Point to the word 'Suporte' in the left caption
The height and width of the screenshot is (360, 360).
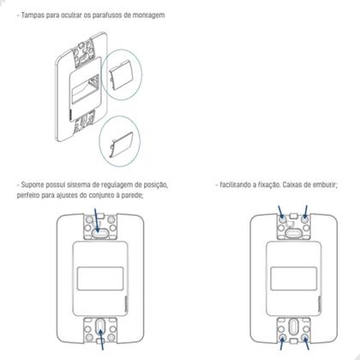(35, 185)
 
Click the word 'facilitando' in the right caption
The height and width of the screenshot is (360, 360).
(243, 185)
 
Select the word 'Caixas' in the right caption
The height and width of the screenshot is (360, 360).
(297, 185)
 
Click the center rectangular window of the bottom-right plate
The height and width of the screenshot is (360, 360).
(295, 279)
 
